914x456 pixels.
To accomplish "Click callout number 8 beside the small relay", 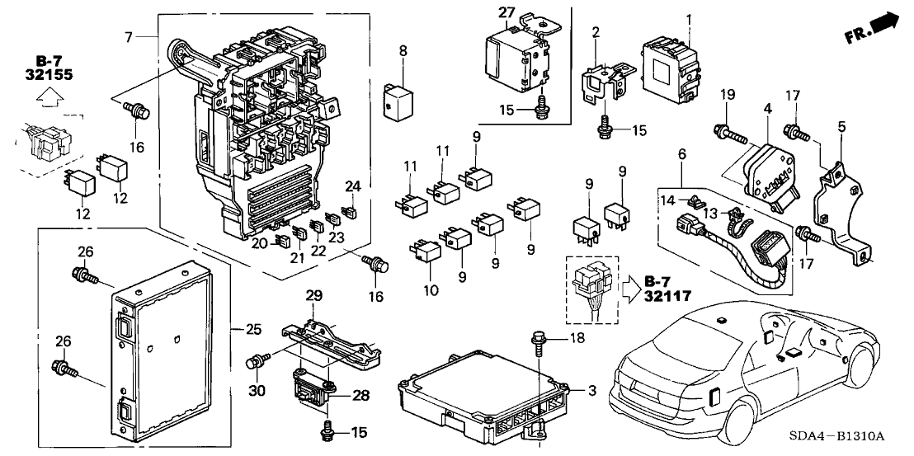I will [403, 50].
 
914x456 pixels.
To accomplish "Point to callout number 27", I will [506, 12].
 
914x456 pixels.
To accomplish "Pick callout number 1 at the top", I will [690, 18].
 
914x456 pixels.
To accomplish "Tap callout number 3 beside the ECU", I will [593, 391].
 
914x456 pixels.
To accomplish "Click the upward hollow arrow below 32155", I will [51, 98].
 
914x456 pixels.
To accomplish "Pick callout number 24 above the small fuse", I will [353, 186].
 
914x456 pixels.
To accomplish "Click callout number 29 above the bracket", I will [313, 294].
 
